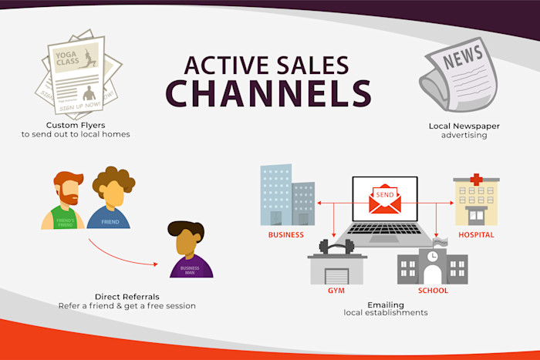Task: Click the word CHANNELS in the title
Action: coord(268,93)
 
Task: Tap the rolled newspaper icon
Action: coord(458,76)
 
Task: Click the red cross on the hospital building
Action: coord(476,180)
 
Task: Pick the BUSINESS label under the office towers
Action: coord(285,235)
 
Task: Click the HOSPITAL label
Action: coord(475,235)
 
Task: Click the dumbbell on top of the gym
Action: coord(336,247)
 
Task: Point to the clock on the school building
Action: coord(433,256)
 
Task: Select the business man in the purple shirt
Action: coord(187,250)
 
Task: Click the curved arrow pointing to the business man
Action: coord(123,257)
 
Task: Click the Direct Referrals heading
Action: coord(127,297)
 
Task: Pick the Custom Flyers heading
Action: coord(76,126)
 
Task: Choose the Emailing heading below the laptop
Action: coord(386,304)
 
